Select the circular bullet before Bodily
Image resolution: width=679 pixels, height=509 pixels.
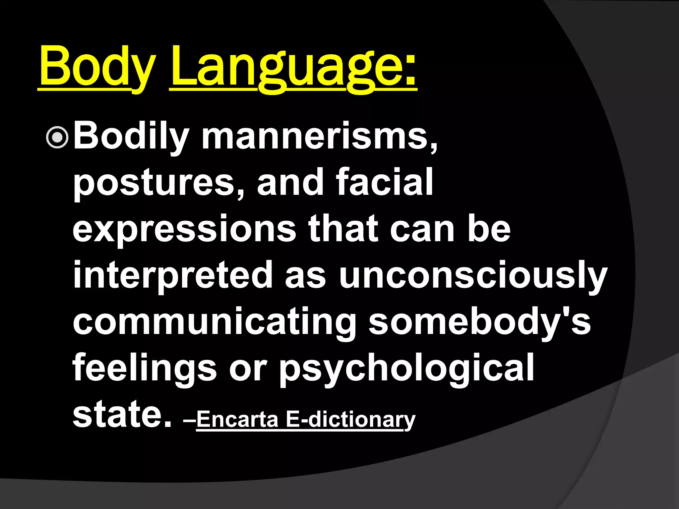(57, 137)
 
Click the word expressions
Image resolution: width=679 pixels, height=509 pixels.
(184, 229)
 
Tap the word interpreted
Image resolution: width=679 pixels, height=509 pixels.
(173, 275)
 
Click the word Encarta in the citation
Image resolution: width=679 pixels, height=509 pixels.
(237, 419)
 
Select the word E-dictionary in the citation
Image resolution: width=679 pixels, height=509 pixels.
(350, 420)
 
